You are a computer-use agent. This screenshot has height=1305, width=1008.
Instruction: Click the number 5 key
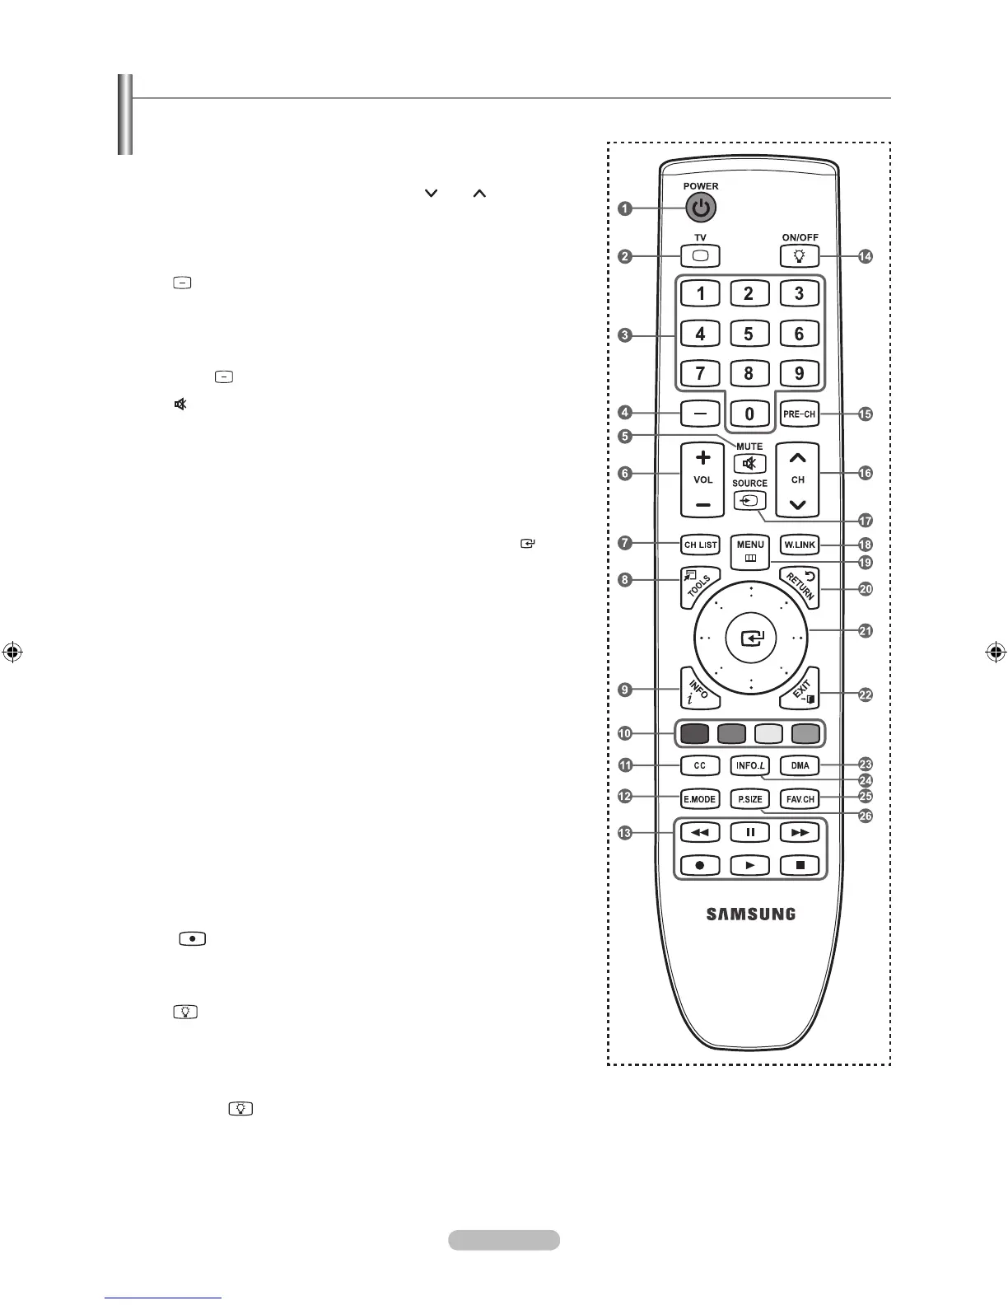point(749,334)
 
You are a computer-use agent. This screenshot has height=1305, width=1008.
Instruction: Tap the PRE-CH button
point(799,414)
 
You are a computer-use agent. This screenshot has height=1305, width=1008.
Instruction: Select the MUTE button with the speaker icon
point(749,464)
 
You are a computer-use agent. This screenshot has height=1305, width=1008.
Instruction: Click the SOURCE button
point(749,501)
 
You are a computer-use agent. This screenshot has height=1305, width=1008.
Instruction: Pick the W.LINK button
point(799,545)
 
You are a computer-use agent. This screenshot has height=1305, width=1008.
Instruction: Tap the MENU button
point(750,550)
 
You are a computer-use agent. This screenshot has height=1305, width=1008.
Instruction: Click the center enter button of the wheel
point(751,638)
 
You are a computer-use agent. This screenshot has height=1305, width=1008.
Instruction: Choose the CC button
point(700,765)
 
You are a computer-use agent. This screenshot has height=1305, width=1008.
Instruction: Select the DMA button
point(800,765)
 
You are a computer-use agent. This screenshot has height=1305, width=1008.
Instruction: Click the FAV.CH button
point(800,799)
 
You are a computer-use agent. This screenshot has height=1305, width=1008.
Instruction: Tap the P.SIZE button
point(750,799)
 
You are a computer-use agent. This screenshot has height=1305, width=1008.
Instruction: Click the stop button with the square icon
point(800,865)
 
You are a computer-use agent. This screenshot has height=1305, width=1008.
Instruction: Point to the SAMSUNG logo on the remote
point(750,914)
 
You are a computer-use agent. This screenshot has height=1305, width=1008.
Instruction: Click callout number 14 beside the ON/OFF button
point(865,257)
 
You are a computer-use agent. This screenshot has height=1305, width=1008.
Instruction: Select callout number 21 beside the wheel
point(865,631)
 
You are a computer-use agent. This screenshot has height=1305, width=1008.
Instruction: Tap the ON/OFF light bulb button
point(799,256)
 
